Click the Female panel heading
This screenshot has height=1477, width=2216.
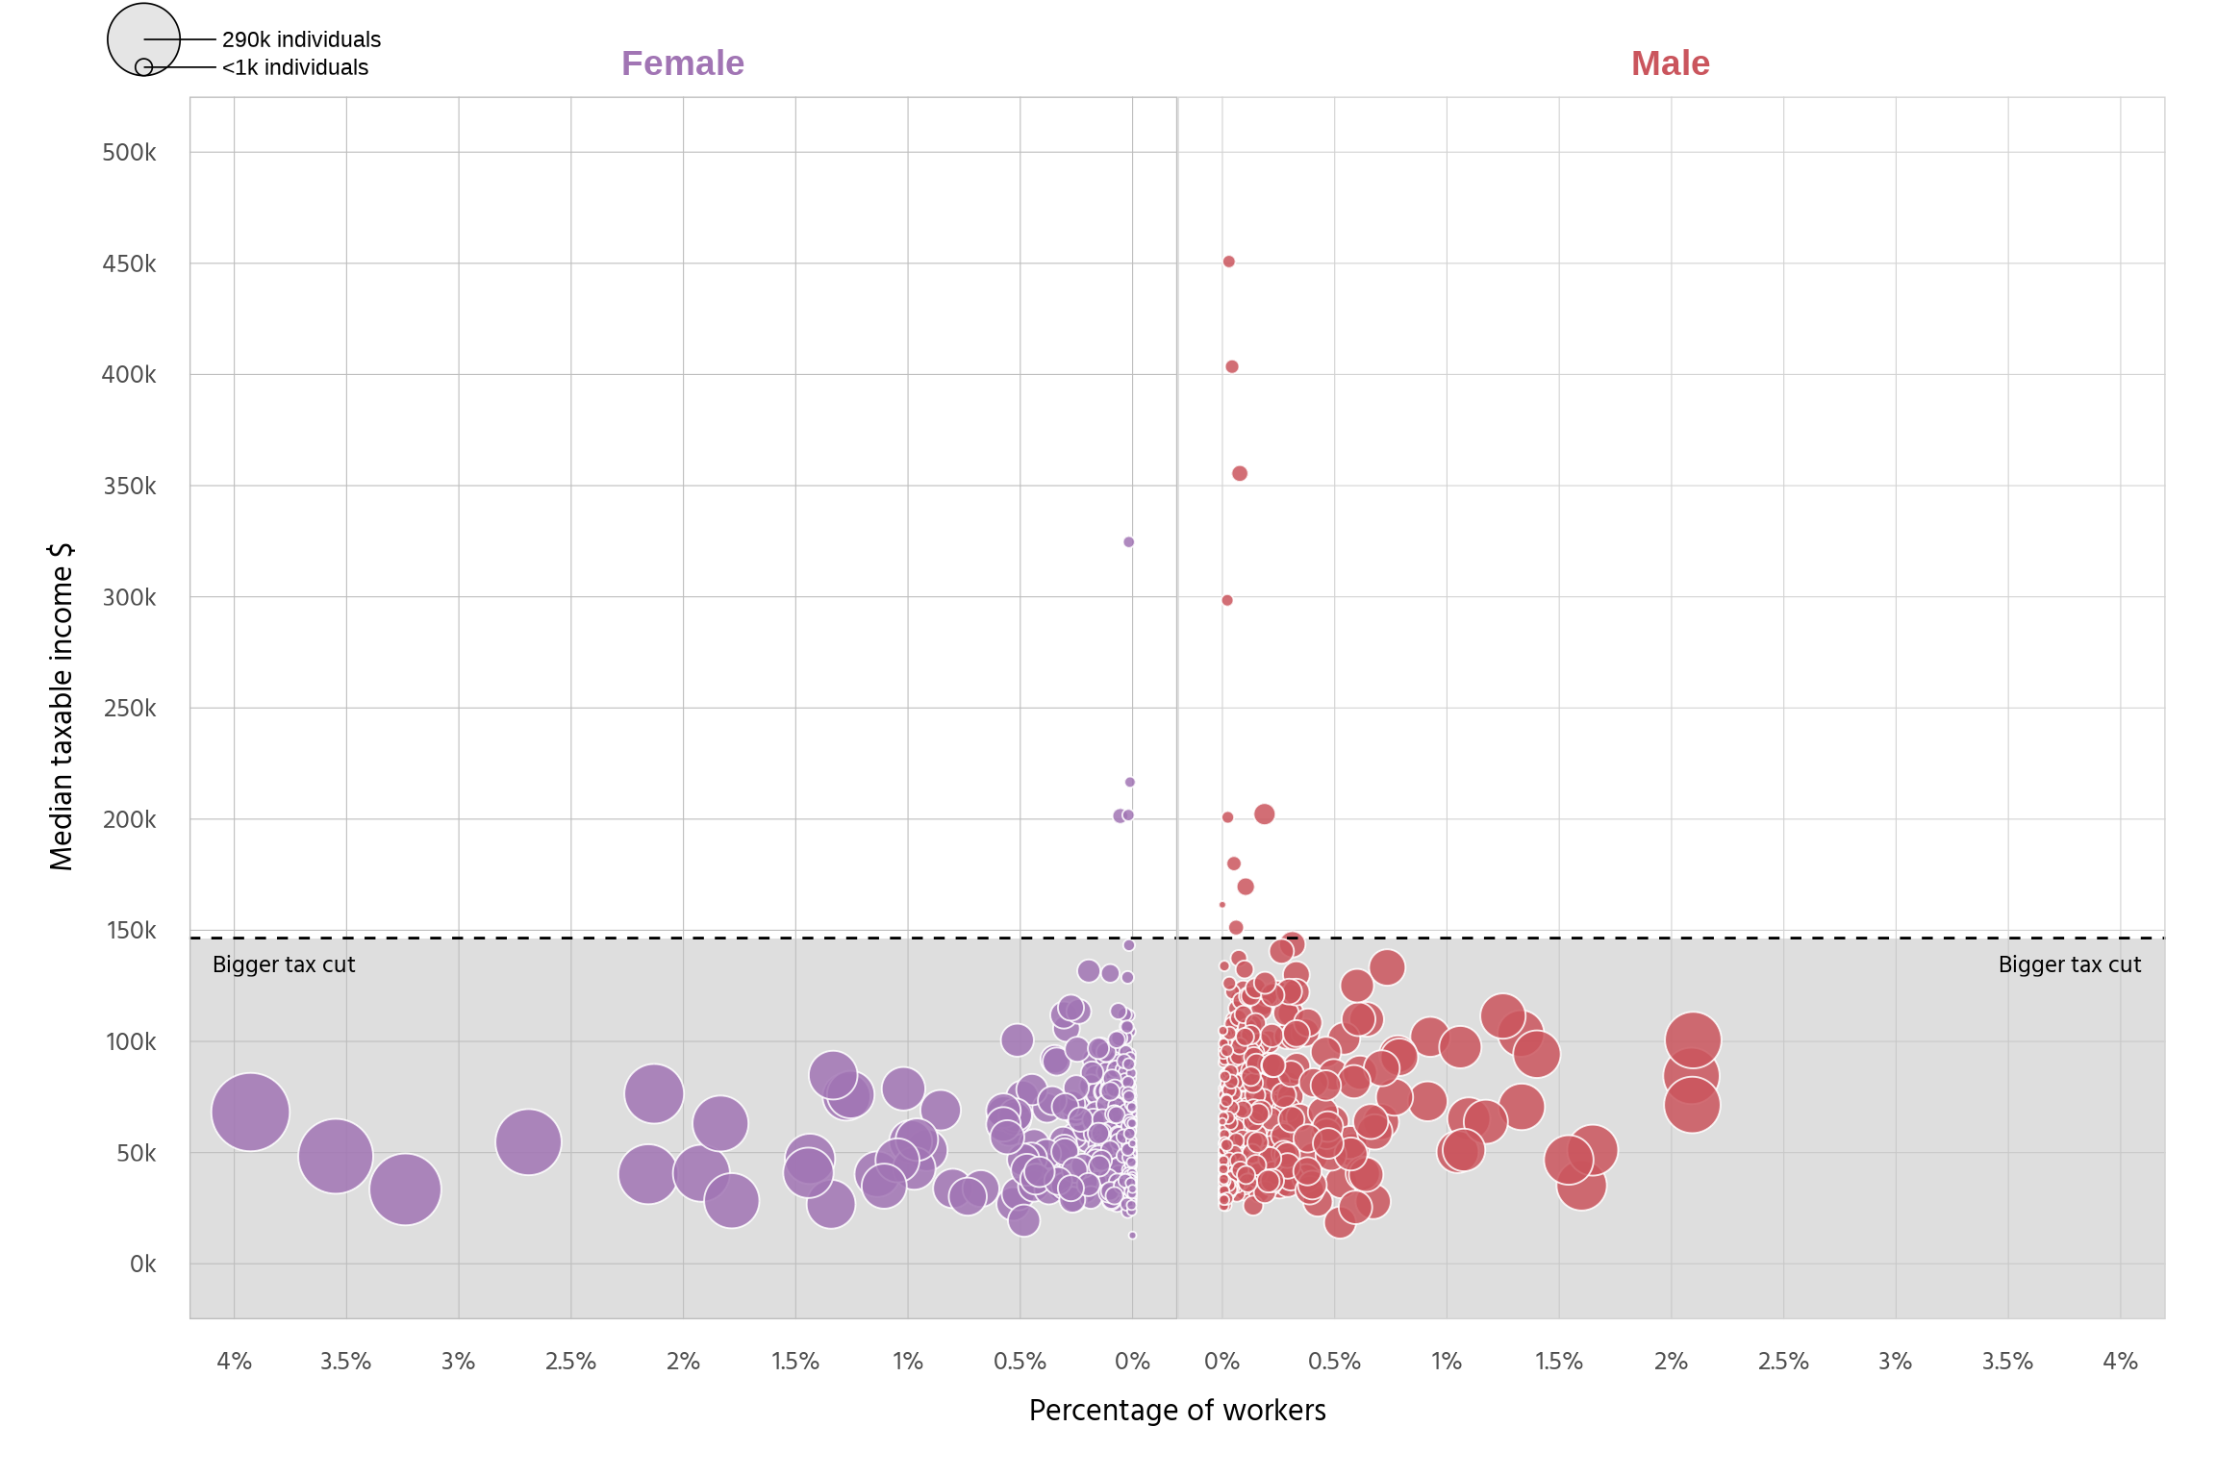pyautogui.click(x=682, y=63)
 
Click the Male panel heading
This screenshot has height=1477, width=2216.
pyautogui.click(x=1670, y=63)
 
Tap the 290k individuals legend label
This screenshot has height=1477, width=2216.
pyautogui.click(x=301, y=39)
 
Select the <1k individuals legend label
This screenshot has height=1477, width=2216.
pyautogui.click(x=294, y=67)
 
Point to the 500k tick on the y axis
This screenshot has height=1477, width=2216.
pyautogui.click(x=129, y=153)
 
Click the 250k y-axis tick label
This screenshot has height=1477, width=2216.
pyautogui.click(x=129, y=709)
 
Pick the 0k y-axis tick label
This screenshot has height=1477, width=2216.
pyautogui.click(x=142, y=1264)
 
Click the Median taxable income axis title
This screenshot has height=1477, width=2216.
pyautogui.click(x=61, y=707)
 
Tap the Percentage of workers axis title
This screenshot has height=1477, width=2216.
pyautogui.click(x=1176, y=1410)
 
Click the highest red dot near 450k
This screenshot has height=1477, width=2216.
pyautogui.click(x=1228, y=262)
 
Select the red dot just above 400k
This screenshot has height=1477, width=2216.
pyautogui.click(x=1231, y=366)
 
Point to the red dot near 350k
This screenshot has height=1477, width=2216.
pyautogui.click(x=1240, y=473)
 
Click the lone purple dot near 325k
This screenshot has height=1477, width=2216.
pyautogui.click(x=1128, y=542)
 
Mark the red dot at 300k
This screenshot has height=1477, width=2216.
pyautogui.click(x=1226, y=600)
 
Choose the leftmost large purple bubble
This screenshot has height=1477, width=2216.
pyautogui.click(x=250, y=1112)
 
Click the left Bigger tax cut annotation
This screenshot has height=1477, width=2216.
pyautogui.click(x=284, y=964)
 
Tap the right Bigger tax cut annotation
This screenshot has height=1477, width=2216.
pyautogui.click(x=2069, y=964)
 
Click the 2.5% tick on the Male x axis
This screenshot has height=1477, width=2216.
pyautogui.click(x=1782, y=1362)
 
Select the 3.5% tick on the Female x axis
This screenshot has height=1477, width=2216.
pyautogui.click(x=345, y=1362)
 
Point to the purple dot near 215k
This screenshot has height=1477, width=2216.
pyautogui.click(x=1129, y=782)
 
